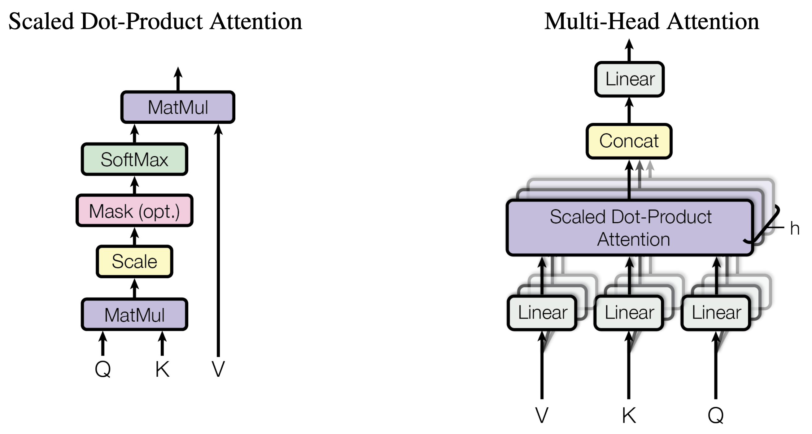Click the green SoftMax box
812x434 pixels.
click(135, 159)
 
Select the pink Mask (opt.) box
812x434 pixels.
click(135, 211)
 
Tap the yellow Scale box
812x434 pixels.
click(135, 262)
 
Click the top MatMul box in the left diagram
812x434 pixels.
click(178, 107)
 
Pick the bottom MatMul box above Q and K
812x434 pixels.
click(135, 315)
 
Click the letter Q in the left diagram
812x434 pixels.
click(103, 369)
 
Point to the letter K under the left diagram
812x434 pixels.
click(162, 369)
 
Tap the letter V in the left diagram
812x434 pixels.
click(218, 369)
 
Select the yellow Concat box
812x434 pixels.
click(629, 141)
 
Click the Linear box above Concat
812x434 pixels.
click(630, 79)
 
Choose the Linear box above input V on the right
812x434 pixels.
click(542, 313)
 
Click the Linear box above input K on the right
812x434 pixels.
click(629, 313)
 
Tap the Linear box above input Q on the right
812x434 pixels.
click(716, 313)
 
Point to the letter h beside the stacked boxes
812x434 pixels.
click(795, 228)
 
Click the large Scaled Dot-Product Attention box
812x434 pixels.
click(630, 228)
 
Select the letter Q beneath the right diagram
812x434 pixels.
click(716, 415)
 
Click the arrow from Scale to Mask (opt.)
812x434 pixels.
click(135, 237)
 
